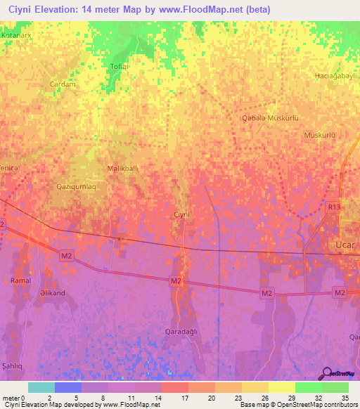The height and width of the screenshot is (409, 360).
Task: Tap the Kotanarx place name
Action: [x=18, y=34]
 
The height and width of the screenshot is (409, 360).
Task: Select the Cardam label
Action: [x=62, y=84]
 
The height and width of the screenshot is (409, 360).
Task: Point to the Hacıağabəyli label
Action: [x=336, y=75]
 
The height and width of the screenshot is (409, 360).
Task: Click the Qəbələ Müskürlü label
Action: [x=270, y=118]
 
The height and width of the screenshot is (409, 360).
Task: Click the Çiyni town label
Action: [x=182, y=214]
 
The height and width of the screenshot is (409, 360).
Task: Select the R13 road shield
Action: [x=333, y=207]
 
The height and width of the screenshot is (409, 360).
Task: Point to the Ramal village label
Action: [x=21, y=280]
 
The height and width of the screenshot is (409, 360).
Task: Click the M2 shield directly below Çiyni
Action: [x=176, y=281]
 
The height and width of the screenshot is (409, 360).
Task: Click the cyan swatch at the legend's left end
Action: [x=41, y=387]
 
